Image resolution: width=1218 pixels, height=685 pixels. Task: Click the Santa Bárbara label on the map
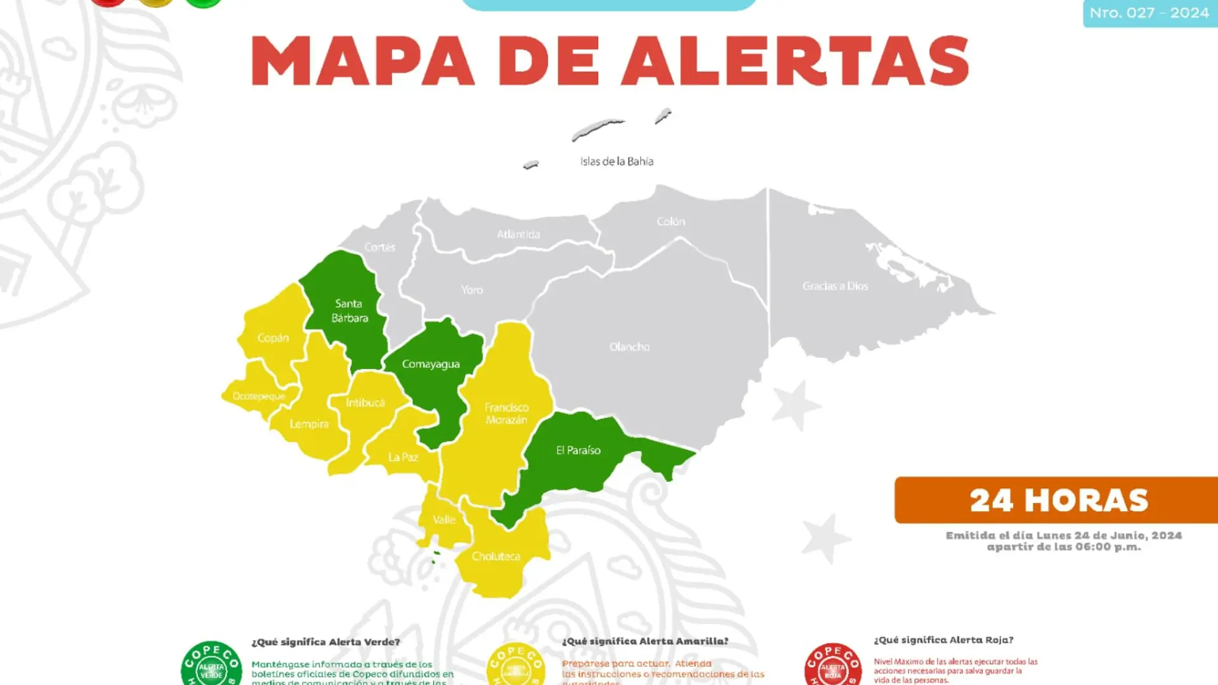[x=349, y=311]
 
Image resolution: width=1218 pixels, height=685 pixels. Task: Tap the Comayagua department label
[x=431, y=364]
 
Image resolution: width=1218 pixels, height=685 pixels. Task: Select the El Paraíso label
[x=578, y=450]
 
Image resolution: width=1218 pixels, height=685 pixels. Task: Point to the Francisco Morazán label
[x=506, y=414]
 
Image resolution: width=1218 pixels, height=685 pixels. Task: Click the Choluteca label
[x=496, y=556]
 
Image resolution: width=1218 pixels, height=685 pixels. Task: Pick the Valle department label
[x=444, y=519]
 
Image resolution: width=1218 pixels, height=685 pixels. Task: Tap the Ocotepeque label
[x=259, y=396]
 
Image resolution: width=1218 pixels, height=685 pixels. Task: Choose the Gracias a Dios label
[x=835, y=286]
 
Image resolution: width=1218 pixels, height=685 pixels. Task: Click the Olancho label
[x=629, y=347]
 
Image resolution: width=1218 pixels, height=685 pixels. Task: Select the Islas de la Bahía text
[x=617, y=162]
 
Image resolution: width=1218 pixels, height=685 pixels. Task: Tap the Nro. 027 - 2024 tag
[x=1149, y=13]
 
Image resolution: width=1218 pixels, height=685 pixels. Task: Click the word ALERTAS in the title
[x=795, y=61]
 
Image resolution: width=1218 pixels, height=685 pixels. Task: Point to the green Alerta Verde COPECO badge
[x=211, y=665]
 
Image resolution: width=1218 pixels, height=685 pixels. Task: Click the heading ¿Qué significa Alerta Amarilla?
[x=645, y=641]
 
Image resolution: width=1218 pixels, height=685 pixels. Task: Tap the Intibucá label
[x=365, y=403]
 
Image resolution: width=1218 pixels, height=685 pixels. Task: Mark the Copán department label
[x=273, y=338]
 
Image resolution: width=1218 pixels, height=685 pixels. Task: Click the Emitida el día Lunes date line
[x=1064, y=535]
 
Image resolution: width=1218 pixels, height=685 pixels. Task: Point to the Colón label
[x=671, y=221]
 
